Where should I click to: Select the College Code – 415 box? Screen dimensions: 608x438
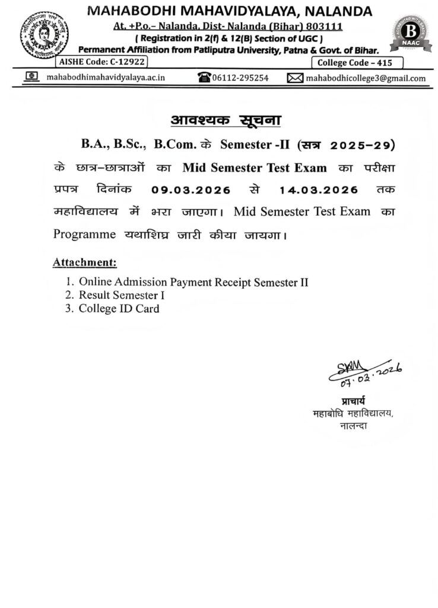[x=357, y=62]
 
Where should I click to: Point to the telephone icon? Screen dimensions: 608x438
[x=205, y=78]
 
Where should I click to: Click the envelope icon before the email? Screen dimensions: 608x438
[x=295, y=78]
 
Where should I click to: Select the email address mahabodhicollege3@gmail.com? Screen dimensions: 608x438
[x=365, y=78]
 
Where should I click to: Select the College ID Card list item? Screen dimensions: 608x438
[x=119, y=308]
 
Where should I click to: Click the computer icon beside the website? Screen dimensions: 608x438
[x=31, y=77]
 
